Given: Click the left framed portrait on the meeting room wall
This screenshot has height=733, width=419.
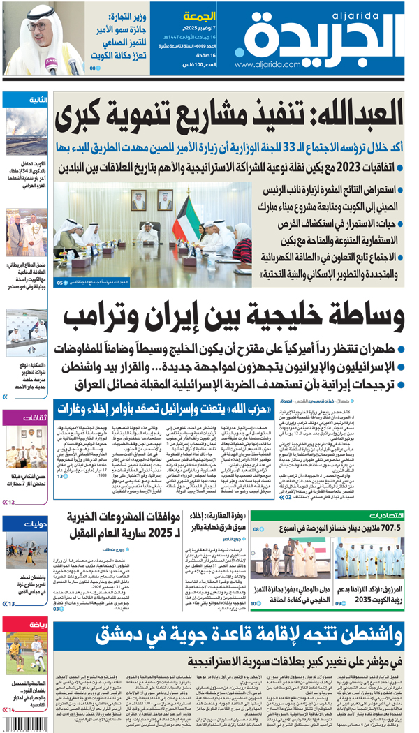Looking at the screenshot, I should [137, 200].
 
